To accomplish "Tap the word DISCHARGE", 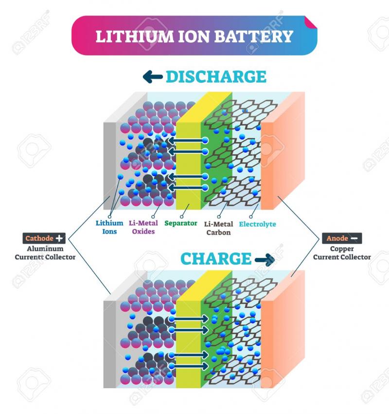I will (216, 77).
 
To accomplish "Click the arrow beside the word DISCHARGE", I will (152, 76).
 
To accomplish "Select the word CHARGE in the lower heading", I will (215, 259).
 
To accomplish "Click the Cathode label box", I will (44, 238).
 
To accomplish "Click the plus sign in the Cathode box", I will (59, 238).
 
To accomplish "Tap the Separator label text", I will (181, 223).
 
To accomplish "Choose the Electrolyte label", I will (257, 224).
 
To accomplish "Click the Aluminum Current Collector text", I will (45, 253).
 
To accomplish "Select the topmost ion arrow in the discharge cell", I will (187, 140).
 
